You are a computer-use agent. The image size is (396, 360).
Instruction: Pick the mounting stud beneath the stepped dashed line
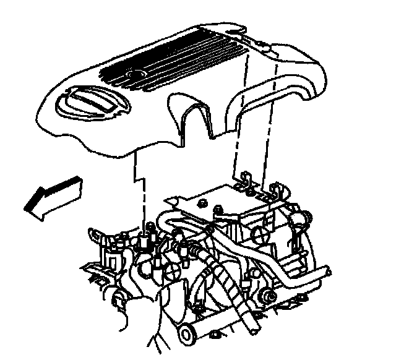[148, 238]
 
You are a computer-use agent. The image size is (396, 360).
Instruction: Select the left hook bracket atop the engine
[247, 181]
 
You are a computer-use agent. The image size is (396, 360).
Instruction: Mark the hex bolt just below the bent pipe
[269, 291]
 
